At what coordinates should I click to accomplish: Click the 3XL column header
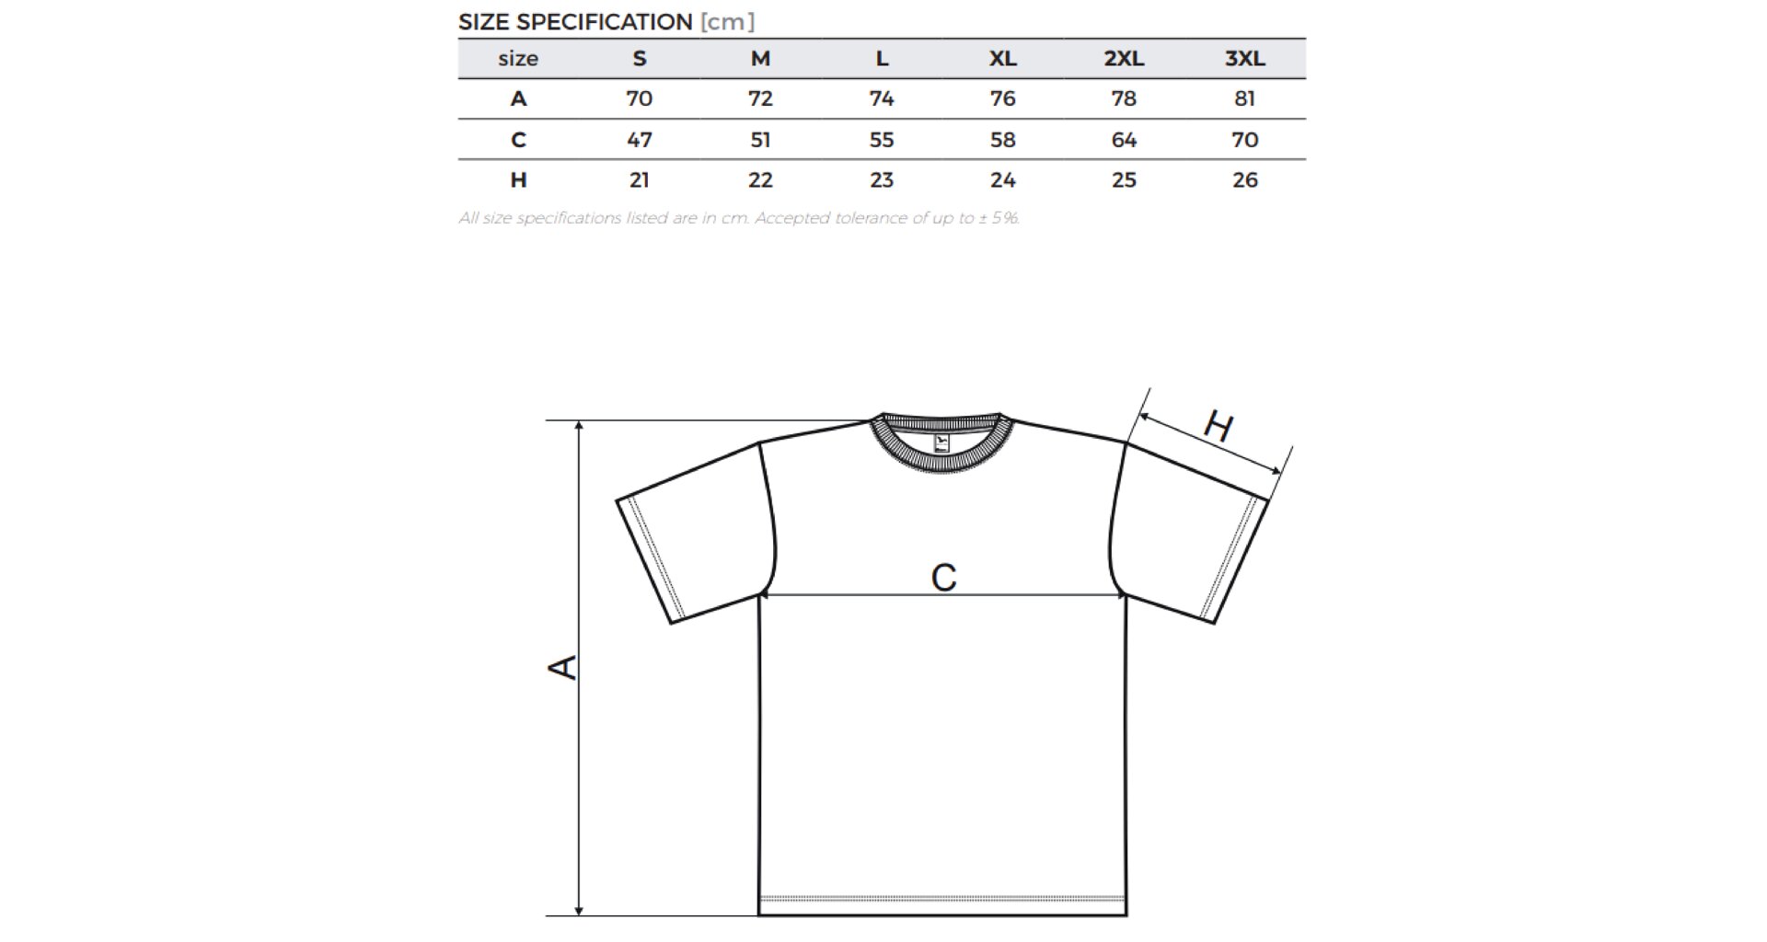tap(1244, 59)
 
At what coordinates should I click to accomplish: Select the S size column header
tap(640, 59)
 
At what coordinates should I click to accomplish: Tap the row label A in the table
tap(518, 98)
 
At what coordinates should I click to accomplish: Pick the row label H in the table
tap(518, 179)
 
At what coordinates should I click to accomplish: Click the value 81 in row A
tap(1244, 98)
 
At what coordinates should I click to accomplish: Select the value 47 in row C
tap(640, 140)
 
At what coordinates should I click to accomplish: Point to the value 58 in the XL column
tap(1002, 140)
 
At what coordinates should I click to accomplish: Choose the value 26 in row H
tap(1244, 179)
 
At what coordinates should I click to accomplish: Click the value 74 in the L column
tap(882, 98)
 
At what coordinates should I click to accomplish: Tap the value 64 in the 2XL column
tap(1124, 140)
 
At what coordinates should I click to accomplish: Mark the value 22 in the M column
tap(760, 179)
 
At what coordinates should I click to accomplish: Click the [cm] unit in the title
tap(727, 22)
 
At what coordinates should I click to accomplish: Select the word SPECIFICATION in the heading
tap(603, 22)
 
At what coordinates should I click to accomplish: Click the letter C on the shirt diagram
tap(943, 578)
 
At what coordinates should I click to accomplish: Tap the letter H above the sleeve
tap(1218, 427)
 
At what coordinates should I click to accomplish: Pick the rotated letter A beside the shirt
tap(563, 667)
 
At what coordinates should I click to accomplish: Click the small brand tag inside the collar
tap(941, 443)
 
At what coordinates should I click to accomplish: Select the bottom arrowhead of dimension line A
tap(579, 911)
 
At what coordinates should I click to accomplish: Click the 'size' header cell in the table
tap(518, 59)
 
